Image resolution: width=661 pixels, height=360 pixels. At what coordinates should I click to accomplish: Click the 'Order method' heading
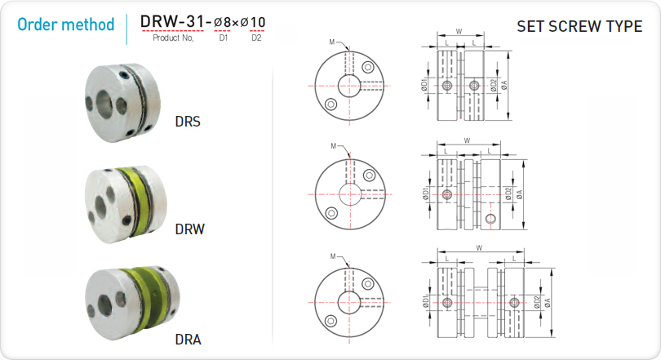65,24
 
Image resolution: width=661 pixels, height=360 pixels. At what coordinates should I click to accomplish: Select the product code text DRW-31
172,21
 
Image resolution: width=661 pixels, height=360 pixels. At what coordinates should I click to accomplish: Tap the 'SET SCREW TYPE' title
579,27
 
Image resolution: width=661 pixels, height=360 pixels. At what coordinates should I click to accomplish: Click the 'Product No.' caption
173,38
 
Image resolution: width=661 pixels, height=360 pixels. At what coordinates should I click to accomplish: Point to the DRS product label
188,122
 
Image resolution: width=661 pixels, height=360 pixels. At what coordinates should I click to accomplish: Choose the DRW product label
189,229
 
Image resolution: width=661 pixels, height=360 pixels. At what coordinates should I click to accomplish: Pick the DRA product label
188,340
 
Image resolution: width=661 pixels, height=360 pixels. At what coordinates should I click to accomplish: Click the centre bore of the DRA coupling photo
104,305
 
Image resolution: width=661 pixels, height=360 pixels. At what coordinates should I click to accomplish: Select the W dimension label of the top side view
459,31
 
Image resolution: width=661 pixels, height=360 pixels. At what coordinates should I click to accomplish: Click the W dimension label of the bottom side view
479,248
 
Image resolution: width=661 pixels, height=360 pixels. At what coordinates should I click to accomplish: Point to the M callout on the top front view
332,42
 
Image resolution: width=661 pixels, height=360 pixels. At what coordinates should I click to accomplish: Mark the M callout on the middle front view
334,146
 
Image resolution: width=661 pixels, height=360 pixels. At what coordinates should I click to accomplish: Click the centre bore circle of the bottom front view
349,303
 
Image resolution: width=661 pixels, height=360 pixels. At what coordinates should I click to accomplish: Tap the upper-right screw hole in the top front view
368,67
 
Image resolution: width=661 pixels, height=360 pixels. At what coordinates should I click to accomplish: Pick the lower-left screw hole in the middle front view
331,213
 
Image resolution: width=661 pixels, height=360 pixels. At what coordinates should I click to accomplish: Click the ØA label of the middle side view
519,194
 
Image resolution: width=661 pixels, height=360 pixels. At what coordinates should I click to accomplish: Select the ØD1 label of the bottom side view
425,302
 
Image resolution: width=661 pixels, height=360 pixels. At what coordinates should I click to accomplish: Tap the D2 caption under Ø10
256,38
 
